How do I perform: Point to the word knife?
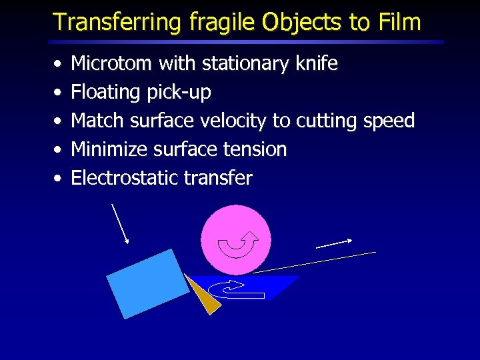(315, 64)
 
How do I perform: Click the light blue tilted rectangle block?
(148, 283)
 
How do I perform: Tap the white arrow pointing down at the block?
(121, 224)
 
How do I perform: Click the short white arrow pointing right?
(334, 243)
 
